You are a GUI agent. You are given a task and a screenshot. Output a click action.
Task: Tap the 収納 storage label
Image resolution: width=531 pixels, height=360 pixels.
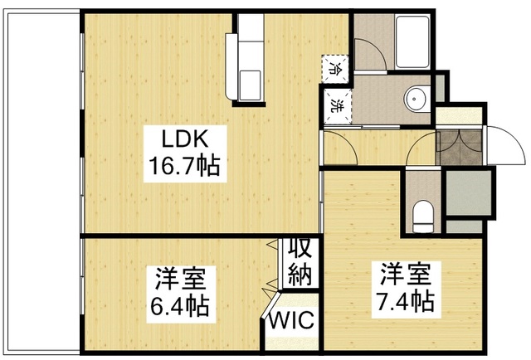click(x=299, y=261)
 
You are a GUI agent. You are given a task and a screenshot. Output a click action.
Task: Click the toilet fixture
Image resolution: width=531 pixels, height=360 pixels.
click(x=423, y=217)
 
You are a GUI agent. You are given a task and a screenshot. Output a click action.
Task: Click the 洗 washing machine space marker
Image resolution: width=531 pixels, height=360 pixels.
click(x=338, y=105)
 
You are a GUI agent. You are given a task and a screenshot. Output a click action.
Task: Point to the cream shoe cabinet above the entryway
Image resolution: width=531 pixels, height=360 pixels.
click(x=455, y=115)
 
